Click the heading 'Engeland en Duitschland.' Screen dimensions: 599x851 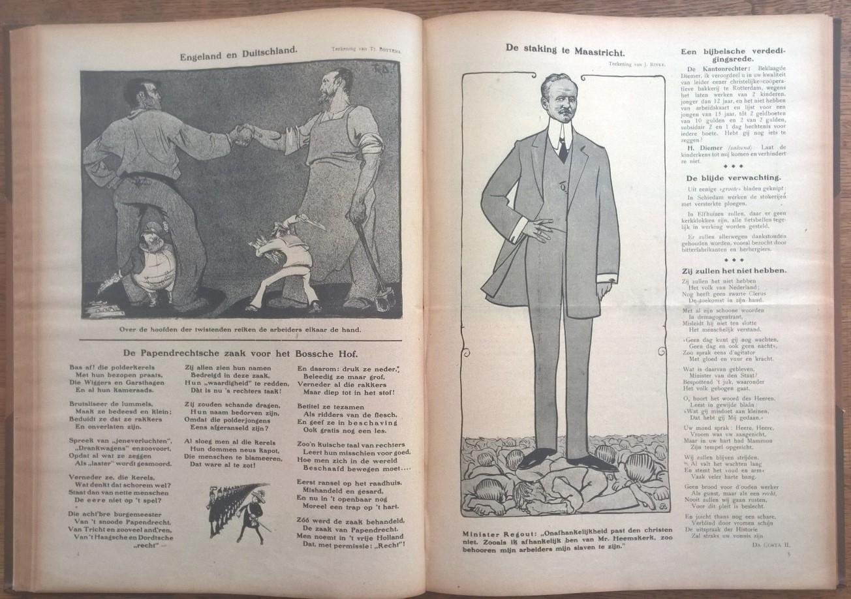pyautogui.click(x=238, y=55)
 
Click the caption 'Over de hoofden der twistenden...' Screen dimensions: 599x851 pyautogui.click(x=241, y=330)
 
